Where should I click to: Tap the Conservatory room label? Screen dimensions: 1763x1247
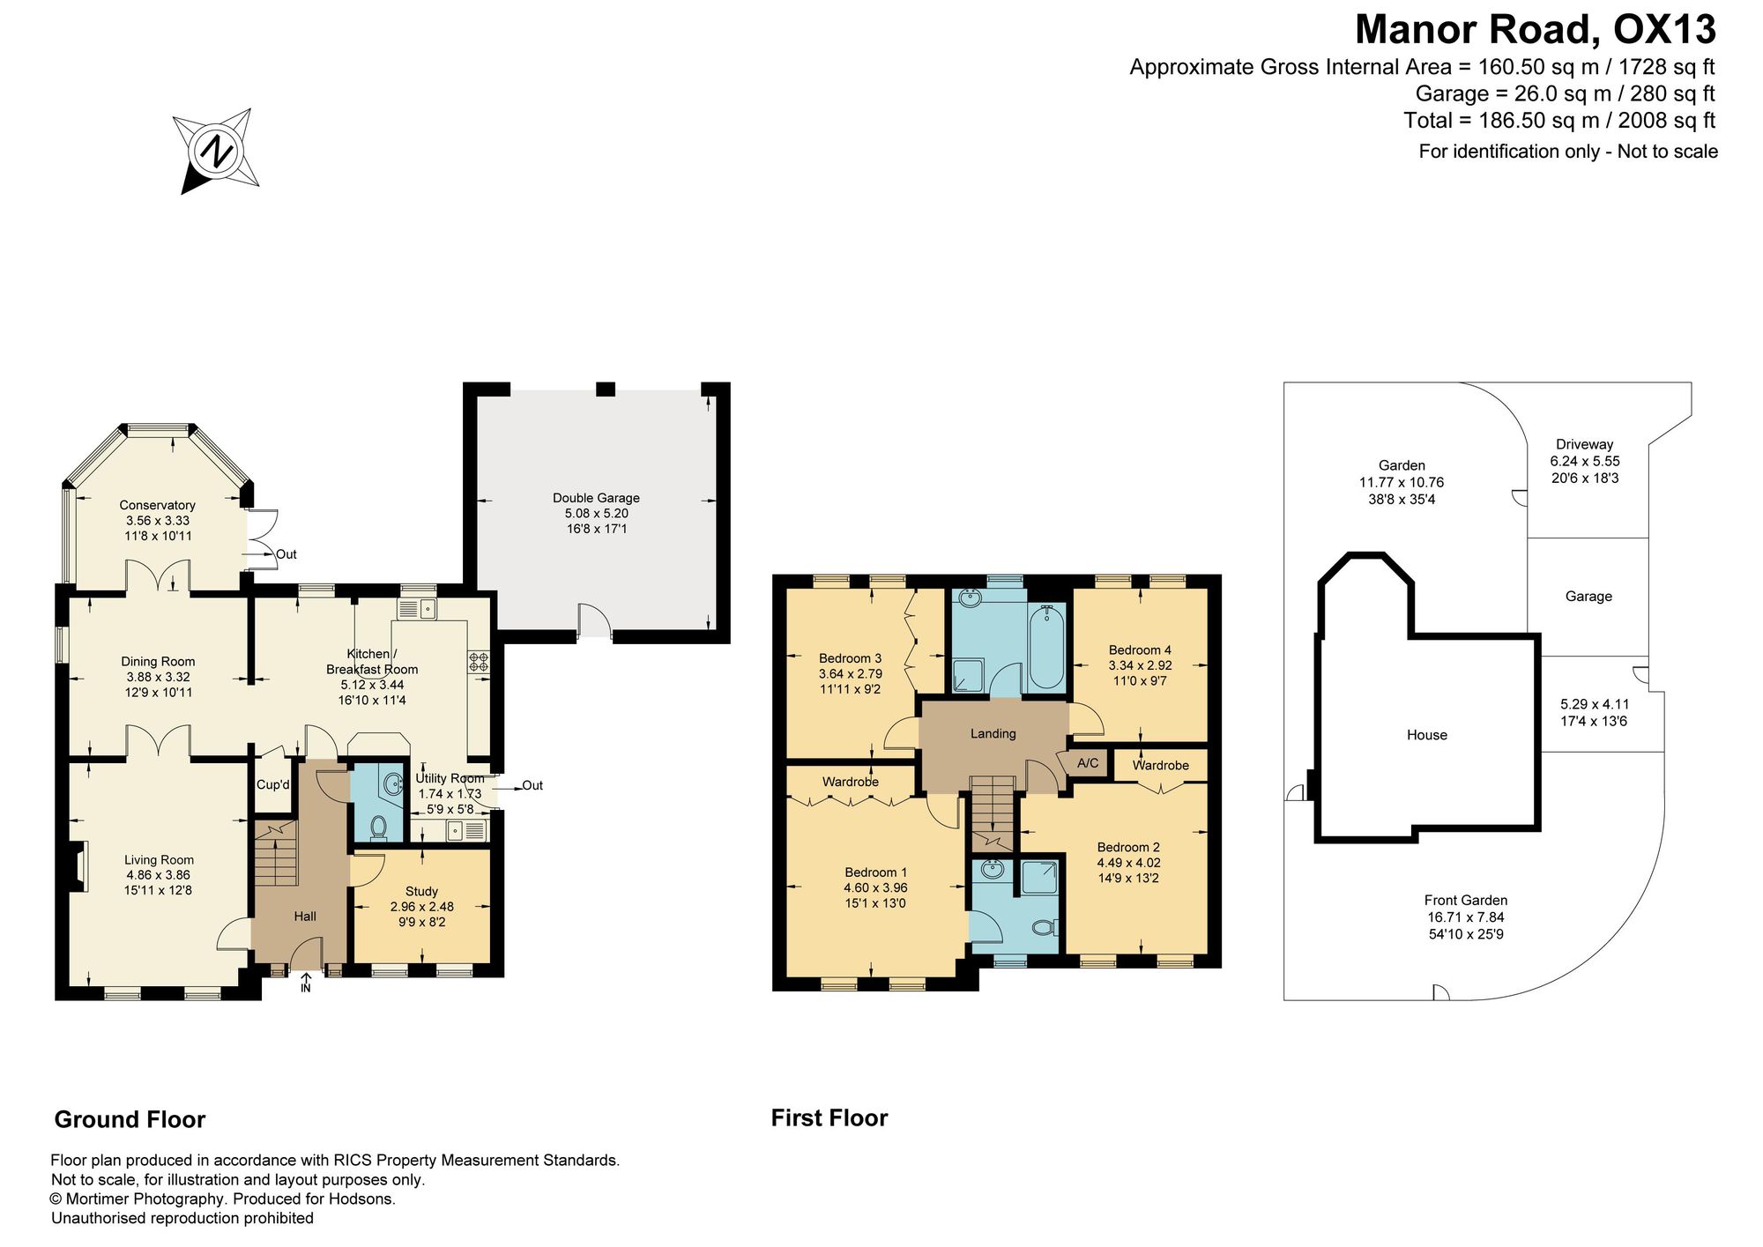(x=158, y=505)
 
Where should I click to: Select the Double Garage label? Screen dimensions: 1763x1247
(x=596, y=498)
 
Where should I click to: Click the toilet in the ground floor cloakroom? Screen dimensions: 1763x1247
(x=379, y=827)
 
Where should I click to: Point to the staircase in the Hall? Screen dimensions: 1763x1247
(x=277, y=853)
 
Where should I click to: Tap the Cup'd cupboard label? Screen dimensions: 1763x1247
(x=273, y=784)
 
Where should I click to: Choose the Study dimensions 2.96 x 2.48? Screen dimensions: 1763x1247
(x=421, y=907)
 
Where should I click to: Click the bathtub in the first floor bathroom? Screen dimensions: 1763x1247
(x=1047, y=646)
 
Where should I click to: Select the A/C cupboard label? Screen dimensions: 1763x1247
(x=1088, y=763)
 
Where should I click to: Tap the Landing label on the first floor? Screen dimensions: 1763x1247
(x=993, y=733)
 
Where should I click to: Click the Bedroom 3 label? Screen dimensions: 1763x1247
(x=850, y=658)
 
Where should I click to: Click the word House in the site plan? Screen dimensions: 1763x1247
(x=1427, y=735)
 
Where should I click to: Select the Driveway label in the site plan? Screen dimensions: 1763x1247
(x=1585, y=445)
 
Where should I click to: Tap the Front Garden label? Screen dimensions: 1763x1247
(x=1466, y=901)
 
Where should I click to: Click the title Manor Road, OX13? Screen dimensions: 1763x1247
(x=1536, y=29)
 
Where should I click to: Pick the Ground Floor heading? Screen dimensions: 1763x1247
(x=130, y=1120)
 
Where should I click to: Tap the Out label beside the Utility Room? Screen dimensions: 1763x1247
(x=532, y=785)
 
